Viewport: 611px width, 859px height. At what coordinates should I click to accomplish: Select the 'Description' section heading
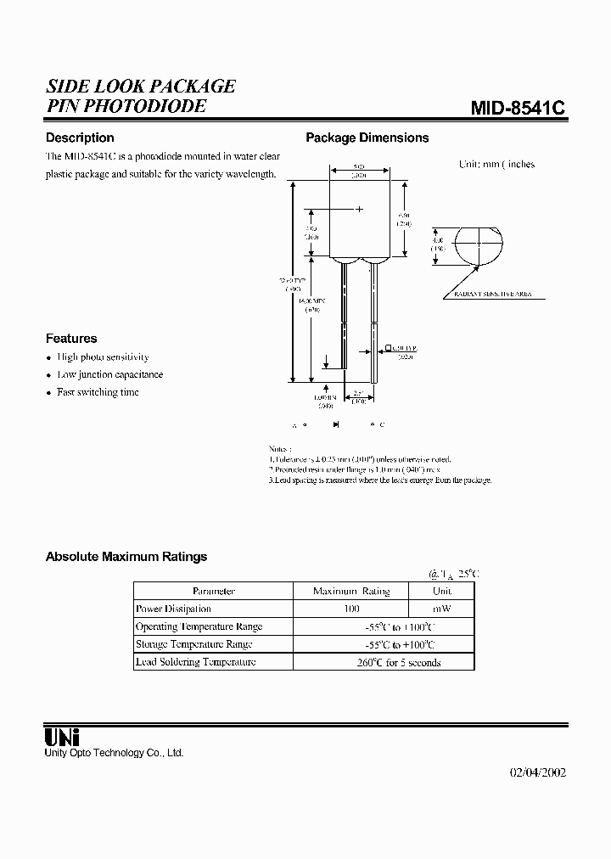coord(80,138)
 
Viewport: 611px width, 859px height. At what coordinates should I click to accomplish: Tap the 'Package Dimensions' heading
coord(367,138)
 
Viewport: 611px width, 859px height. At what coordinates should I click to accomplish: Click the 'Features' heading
coord(71,338)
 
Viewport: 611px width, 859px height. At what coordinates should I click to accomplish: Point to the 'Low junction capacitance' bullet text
coord(109,374)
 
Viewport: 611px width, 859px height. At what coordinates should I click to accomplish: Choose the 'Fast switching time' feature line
coord(98,392)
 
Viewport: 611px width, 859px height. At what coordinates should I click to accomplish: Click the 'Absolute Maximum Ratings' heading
coord(126,557)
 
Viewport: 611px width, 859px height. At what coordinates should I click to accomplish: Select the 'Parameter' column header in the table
coord(213,591)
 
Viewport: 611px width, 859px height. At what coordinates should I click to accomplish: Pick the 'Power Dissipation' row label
coord(173,609)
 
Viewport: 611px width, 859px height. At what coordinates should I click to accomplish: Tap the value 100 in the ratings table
coord(351,609)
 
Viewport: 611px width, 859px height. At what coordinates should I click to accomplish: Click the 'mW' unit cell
coord(441,609)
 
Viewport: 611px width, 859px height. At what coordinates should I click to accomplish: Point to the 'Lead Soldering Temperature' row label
coord(195,662)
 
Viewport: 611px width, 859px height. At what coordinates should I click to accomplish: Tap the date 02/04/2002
coord(537,772)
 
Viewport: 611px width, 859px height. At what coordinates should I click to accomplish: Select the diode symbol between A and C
coord(337,424)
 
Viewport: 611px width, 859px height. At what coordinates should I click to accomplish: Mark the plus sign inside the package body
coord(359,208)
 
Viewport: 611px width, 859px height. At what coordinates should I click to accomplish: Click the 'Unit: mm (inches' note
coord(496,164)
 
